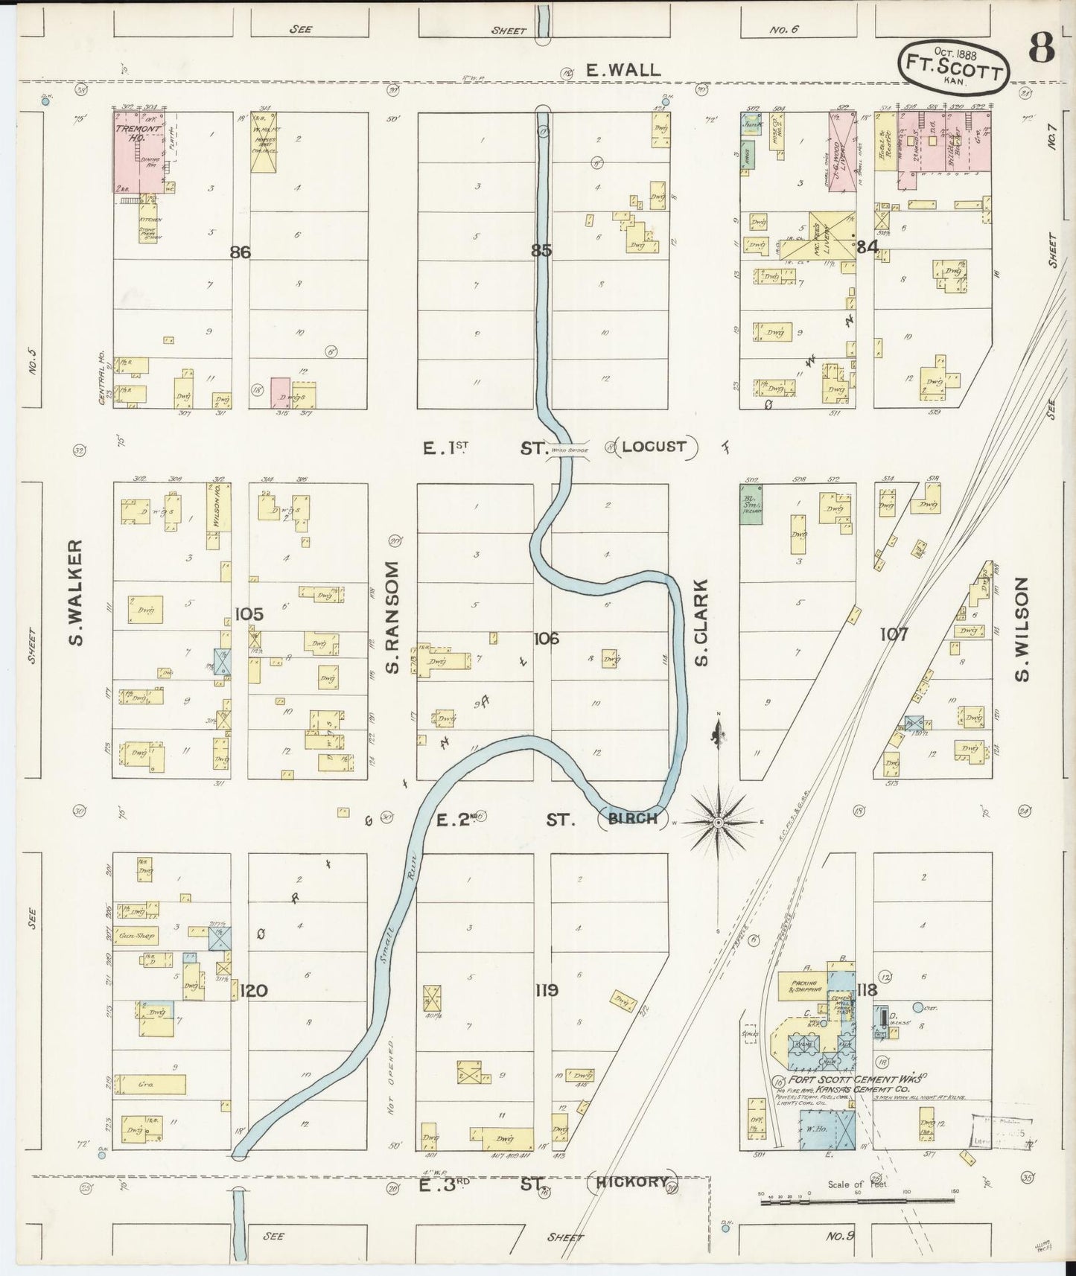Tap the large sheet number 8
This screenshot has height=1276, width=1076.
point(1042,49)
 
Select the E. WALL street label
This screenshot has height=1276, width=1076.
point(623,70)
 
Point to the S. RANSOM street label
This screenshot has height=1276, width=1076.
point(393,617)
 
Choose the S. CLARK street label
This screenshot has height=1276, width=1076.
point(701,622)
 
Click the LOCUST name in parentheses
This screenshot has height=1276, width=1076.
point(654,447)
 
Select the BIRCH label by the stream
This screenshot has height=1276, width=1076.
point(632,819)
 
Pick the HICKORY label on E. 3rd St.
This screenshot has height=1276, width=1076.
point(631,1181)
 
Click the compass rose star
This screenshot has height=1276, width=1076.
point(718,822)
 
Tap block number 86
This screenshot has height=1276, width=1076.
point(240,252)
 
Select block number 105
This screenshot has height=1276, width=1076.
point(249,614)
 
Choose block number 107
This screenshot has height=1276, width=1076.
point(893,635)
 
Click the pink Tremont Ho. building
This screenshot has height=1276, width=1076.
point(139,153)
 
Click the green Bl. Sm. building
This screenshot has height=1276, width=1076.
point(750,504)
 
